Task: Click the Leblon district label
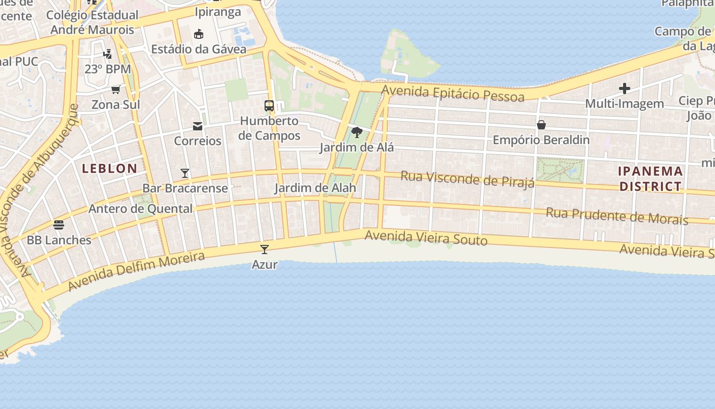110,168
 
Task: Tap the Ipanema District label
650,178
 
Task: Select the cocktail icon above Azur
265,249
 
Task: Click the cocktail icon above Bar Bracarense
185,173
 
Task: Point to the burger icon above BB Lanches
59,225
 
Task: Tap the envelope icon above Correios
198,126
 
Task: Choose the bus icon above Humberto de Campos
269,106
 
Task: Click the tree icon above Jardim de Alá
357,133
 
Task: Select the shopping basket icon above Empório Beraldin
541,125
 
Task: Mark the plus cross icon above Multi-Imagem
624,89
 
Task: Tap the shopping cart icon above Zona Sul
116,90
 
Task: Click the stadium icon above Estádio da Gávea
199,34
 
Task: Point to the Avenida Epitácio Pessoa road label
453,94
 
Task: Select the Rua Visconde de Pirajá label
467,179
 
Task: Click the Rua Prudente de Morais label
617,216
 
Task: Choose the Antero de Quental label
141,209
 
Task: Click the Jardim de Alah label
315,188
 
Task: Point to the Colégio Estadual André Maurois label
92,22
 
